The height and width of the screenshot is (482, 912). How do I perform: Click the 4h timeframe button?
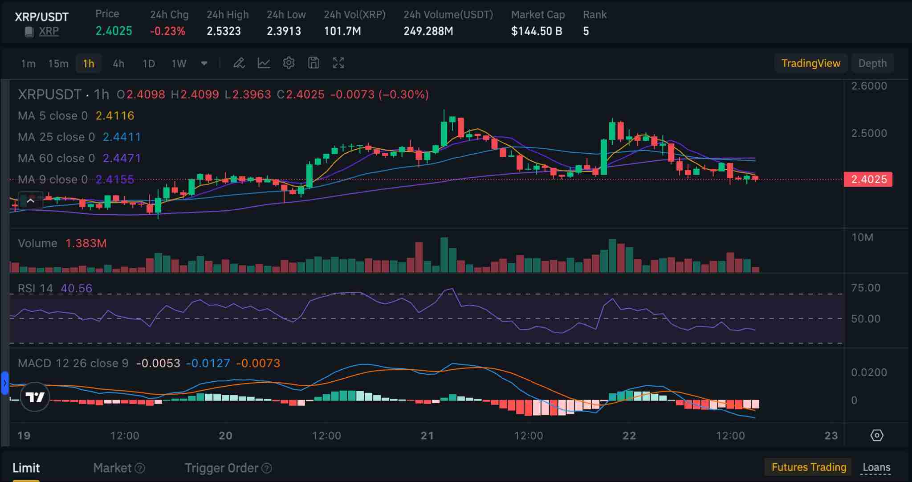[x=118, y=63]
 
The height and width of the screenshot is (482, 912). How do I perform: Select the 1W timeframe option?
[x=179, y=63]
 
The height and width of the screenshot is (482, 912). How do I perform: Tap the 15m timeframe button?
[x=58, y=63]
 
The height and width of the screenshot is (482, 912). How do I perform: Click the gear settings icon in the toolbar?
[x=289, y=63]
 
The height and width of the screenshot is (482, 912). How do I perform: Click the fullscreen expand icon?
[x=338, y=63]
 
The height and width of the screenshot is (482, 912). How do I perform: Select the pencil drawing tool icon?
[x=239, y=63]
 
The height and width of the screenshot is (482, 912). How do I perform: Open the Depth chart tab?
[x=872, y=63]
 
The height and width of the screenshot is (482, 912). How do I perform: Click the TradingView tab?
[x=811, y=63]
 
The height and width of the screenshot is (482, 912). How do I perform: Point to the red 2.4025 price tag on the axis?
[x=868, y=180]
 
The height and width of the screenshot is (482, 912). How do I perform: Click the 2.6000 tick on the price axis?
[x=869, y=86]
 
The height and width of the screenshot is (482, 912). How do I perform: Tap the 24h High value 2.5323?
[x=224, y=31]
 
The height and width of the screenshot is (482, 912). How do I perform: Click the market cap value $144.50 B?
[x=537, y=31]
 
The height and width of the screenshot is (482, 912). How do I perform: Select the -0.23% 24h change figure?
[x=167, y=31]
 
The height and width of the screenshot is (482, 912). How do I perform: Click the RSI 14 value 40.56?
[x=77, y=288]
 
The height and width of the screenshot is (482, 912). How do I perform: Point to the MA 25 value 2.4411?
[x=122, y=137]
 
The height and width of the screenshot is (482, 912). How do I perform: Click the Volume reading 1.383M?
[x=86, y=243]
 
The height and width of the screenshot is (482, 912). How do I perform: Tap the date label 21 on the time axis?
[x=427, y=435]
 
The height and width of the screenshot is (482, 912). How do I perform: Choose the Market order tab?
[x=112, y=468]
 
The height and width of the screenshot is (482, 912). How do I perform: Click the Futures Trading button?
[x=809, y=467]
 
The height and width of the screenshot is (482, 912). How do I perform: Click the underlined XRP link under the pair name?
[x=49, y=31]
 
